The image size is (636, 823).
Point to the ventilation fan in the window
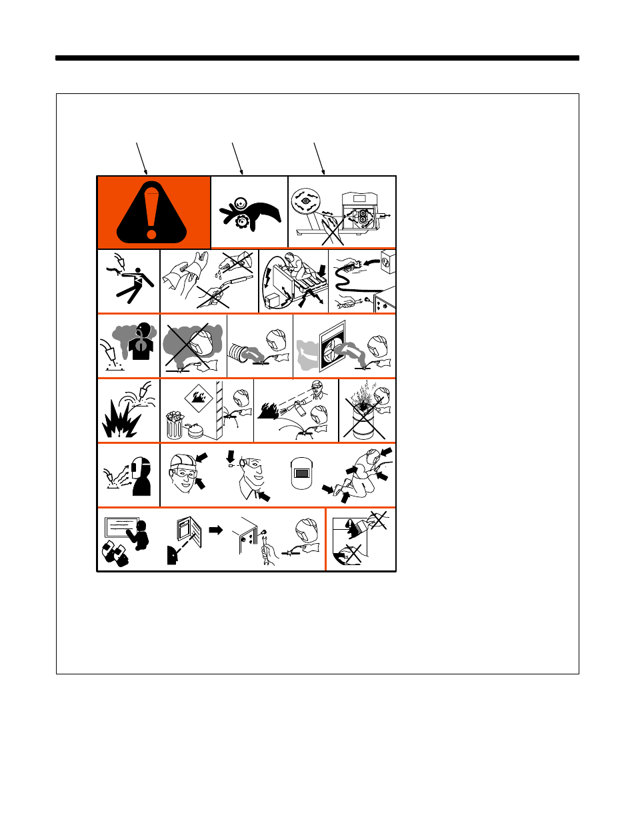[x=333, y=347]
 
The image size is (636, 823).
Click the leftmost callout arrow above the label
[x=141, y=158]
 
